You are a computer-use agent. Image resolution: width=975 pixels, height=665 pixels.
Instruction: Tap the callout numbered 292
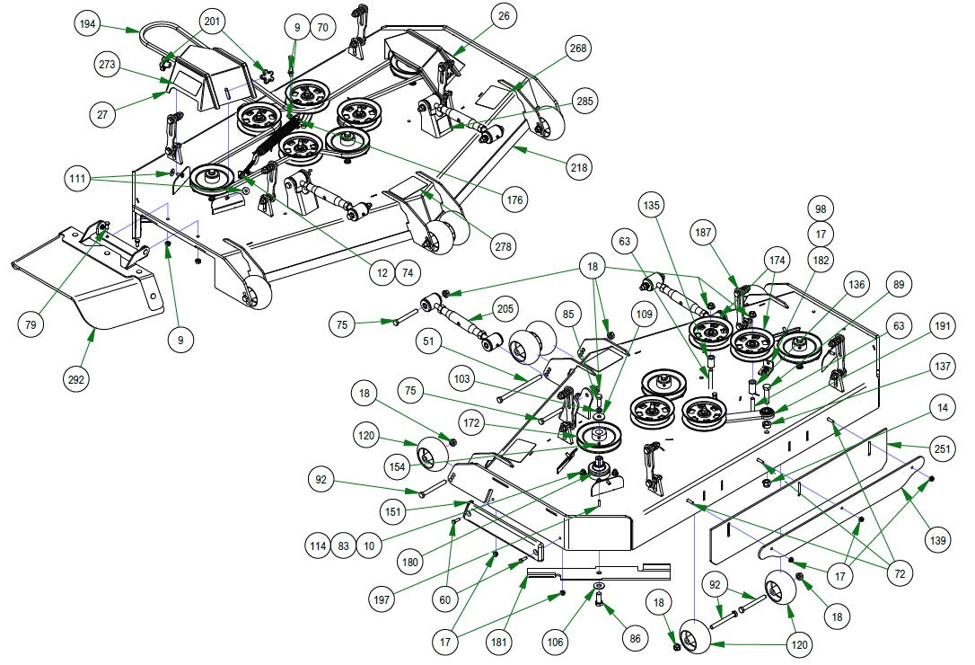coord(77,380)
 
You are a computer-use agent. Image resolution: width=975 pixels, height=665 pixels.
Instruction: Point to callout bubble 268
coord(578,49)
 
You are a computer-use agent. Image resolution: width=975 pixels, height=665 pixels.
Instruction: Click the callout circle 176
coord(516,199)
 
